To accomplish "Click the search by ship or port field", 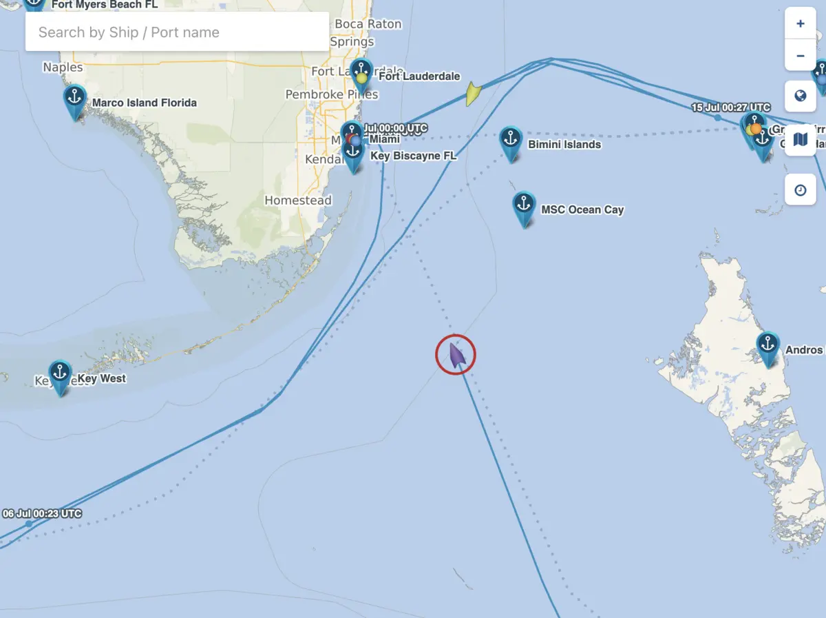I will [176, 32].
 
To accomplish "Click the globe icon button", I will [800, 96].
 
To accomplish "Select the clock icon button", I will [800, 189].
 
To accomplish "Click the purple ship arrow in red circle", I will [456, 355].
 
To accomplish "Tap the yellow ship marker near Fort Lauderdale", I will [472, 94].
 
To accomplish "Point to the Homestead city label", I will [298, 200].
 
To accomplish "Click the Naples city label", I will [63, 68].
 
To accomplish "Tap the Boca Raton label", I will [368, 24].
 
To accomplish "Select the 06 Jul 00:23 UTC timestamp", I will [42, 513].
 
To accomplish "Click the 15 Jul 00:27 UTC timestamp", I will [730, 107].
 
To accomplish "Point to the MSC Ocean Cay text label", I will [582, 209].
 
